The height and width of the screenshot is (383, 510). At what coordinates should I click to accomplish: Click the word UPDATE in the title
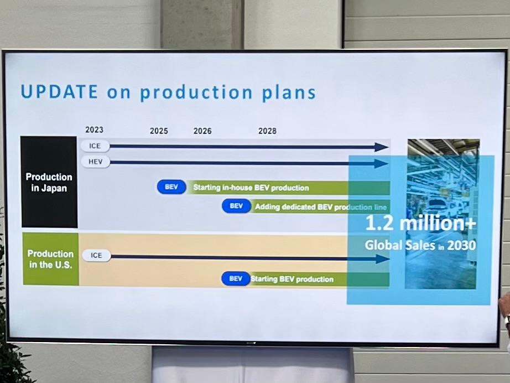59,91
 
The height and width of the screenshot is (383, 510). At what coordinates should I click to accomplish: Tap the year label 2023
95,130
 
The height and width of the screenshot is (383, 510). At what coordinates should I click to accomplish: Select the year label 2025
159,131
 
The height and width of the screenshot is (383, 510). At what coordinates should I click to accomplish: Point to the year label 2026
202,131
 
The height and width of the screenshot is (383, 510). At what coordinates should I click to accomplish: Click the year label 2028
267,131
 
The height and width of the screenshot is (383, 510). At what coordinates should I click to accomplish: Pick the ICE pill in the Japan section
95,146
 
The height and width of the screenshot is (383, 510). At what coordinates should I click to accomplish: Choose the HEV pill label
95,162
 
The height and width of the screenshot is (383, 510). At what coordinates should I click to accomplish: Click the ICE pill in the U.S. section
96,256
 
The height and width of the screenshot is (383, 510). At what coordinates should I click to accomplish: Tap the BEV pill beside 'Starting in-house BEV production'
171,187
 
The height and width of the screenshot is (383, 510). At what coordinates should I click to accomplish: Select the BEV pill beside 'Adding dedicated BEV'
236,206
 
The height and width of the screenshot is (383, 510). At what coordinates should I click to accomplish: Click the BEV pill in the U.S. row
236,279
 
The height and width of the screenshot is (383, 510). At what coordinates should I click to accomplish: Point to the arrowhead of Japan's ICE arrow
382,147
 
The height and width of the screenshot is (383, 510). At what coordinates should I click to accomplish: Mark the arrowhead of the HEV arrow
382,164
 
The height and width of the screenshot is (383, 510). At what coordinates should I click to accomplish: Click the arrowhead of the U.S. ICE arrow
383,259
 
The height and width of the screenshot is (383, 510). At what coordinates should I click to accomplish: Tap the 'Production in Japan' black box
49,182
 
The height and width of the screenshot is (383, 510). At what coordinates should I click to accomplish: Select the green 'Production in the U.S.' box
51,259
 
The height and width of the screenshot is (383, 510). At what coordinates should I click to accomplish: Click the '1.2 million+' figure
421,223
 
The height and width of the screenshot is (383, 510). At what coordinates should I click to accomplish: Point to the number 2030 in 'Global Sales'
461,245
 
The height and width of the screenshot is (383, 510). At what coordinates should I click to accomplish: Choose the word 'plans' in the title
289,93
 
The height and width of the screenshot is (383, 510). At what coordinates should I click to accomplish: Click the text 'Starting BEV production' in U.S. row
292,279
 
